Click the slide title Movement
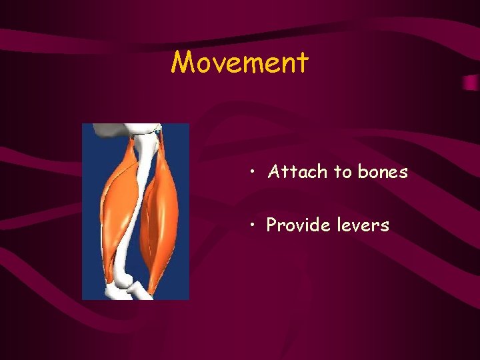pyautogui.click(x=240, y=63)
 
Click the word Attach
pyautogui.click(x=297, y=172)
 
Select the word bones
pyautogui.click(x=383, y=172)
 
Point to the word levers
pyautogui.click(x=363, y=225)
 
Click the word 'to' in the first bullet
pyautogui.click(x=343, y=172)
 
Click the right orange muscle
pyautogui.click(x=162, y=220)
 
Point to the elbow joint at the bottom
pyautogui.click(x=123, y=288)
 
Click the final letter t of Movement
pyautogui.click(x=303, y=63)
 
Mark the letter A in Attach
pyautogui.click(x=273, y=172)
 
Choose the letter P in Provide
pyautogui.click(x=272, y=225)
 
